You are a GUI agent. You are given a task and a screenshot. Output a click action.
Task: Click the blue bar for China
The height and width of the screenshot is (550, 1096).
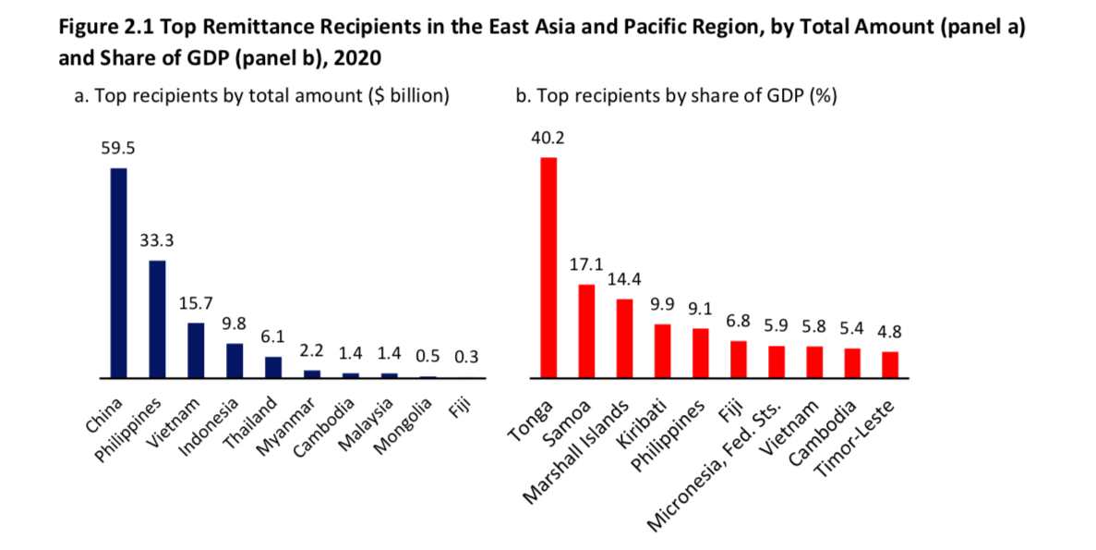[x=118, y=273]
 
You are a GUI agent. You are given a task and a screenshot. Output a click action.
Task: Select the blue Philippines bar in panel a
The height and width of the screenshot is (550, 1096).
[x=157, y=319]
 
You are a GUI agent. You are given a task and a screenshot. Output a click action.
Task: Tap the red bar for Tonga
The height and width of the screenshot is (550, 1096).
[x=548, y=267]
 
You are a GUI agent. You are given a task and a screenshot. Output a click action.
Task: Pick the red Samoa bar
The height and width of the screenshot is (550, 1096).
[x=586, y=331]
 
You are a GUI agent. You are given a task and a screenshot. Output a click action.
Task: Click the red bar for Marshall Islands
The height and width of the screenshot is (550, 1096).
[x=624, y=338]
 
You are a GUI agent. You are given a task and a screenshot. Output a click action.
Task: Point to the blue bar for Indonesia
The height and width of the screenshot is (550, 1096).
[x=235, y=361]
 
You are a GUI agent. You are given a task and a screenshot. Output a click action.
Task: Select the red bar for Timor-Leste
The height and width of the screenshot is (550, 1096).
[x=890, y=364]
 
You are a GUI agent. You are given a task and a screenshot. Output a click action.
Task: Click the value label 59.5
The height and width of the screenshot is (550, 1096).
[x=118, y=148]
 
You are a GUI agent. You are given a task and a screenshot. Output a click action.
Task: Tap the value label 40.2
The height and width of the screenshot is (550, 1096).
[x=548, y=139]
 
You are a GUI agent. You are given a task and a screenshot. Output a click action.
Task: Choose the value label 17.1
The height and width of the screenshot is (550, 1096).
[x=586, y=265]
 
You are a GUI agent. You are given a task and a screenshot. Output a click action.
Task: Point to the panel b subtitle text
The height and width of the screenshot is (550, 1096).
[x=676, y=96]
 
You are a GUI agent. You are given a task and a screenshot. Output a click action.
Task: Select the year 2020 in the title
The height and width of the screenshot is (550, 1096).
[x=355, y=57]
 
